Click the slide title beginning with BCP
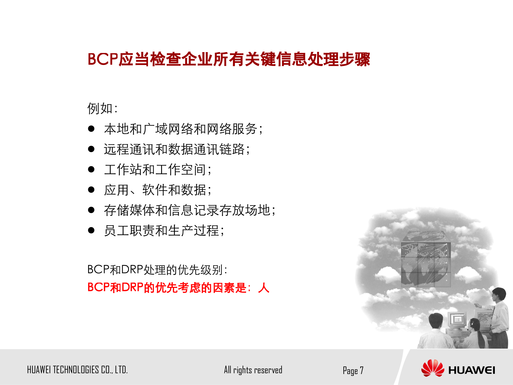229,59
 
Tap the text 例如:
102,109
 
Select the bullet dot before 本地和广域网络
91,129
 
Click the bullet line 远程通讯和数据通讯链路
177,149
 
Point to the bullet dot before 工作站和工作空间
91,169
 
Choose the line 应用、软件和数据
158,190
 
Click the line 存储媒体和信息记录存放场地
189,210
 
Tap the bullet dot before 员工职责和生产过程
91,230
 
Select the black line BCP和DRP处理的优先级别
157,269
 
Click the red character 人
264,288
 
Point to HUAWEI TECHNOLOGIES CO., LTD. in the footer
77,370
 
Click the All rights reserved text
253,370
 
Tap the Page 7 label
353,371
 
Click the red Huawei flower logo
432,368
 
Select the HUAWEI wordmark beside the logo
472,370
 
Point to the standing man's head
499,294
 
